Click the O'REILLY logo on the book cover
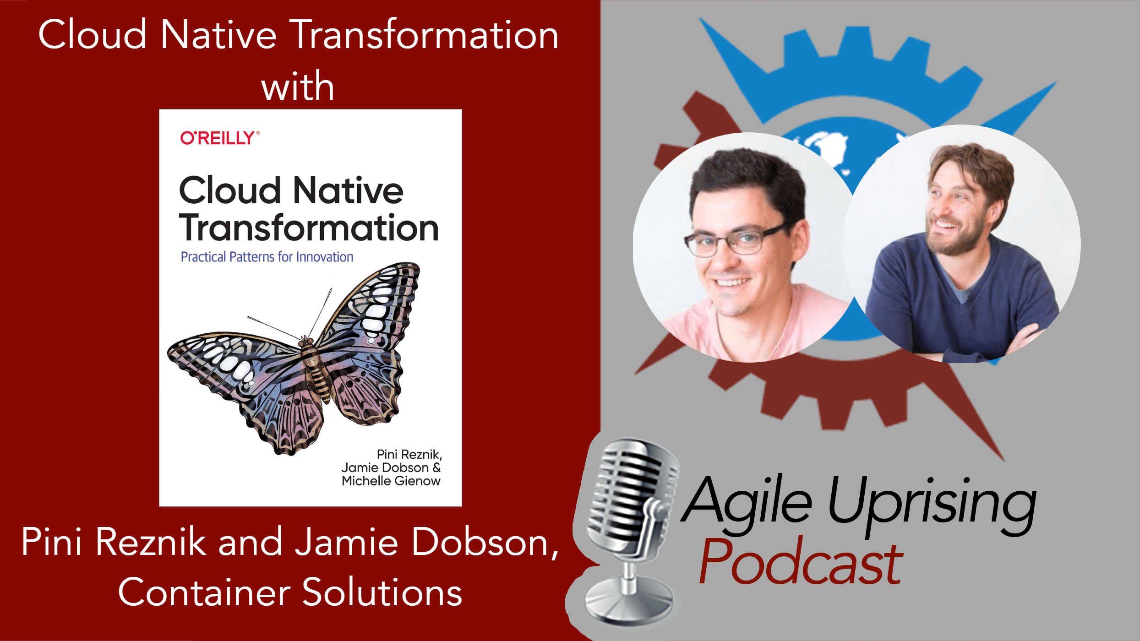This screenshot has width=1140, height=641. [x=219, y=138]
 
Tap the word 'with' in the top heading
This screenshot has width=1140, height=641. [x=298, y=87]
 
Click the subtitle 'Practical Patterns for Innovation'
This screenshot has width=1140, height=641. [x=267, y=257]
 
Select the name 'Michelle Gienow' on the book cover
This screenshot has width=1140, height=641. [x=391, y=481]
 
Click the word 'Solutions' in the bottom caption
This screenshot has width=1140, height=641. [x=382, y=592]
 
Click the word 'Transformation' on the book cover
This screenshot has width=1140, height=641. [x=309, y=228]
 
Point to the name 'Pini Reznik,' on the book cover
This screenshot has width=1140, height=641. [x=409, y=454]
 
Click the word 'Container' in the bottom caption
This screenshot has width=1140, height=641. [x=204, y=592]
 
